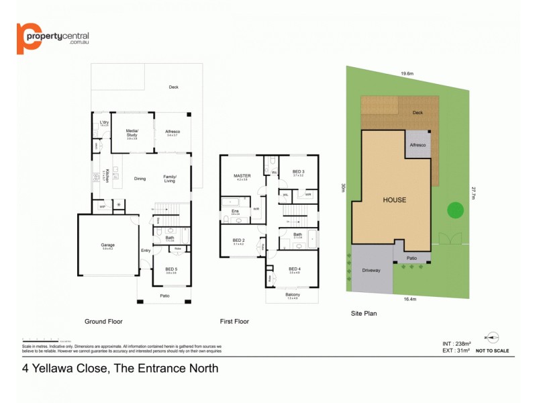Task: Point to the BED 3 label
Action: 299,172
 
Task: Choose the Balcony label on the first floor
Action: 292,295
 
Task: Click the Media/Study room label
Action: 132,134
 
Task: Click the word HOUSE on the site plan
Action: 395,200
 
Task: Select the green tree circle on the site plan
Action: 455,210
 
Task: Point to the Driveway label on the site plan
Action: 372,271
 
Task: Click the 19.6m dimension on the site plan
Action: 407,75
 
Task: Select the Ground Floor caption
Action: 103,322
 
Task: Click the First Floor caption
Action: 234,322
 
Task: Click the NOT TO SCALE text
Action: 492,351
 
